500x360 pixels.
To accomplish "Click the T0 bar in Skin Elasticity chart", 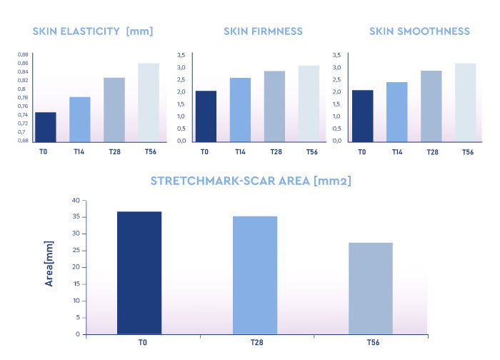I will point(46,126).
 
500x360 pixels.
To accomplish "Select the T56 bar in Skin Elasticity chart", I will point(149,102).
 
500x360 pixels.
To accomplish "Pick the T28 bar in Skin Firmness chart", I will point(274,106).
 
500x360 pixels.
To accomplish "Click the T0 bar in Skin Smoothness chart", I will point(363,116).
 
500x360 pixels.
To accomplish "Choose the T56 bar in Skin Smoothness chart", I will point(465,102).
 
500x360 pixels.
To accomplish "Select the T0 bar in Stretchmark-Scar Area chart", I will point(139,273).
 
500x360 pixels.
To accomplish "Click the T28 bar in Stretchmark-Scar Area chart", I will point(255,275).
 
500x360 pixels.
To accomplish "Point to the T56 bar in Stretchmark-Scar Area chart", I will point(371,289).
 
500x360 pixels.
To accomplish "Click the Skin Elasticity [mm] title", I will point(93,31).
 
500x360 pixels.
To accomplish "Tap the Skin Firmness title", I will point(263,31).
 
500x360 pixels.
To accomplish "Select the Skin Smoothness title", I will point(419,31).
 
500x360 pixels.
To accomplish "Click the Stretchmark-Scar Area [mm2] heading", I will point(250,181).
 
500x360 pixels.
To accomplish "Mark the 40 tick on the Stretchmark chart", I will point(75,201).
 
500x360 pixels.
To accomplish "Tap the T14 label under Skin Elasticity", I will point(80,152).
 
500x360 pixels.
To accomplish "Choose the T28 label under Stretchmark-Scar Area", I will point(255,344).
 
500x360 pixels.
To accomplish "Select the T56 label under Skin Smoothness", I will point(467,152).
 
